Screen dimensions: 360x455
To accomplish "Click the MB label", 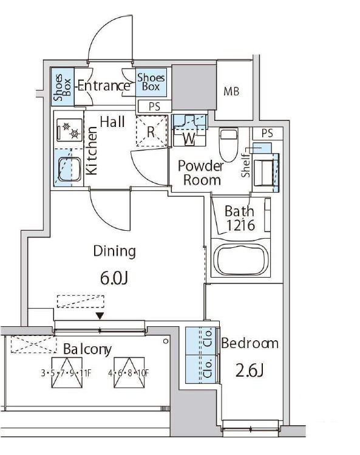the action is pos(231,92).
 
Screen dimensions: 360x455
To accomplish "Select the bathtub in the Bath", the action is pos(242,259).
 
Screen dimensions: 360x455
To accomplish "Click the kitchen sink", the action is pos(70,169).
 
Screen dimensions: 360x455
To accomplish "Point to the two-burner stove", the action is pos(70,130).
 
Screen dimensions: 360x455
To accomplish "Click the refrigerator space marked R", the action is pos(152,131).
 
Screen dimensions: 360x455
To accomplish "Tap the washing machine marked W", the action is pos(189,131).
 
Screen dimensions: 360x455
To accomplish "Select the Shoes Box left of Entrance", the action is pos(63,87).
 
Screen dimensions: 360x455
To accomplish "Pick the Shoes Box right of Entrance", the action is pos(151,82).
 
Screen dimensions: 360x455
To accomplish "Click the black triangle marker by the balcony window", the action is pos(100,316).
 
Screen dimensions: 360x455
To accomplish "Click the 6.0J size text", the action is pos(114,278).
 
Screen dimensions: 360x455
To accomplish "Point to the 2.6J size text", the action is pos(250,371).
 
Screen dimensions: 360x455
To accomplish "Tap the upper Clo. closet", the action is pos(201,341).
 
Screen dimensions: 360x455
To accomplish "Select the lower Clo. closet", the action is pos(201,369).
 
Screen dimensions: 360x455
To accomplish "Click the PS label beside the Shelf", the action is pos(267,133).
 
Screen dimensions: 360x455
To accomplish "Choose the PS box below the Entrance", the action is pos(154,106).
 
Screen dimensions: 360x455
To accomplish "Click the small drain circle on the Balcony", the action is pos(166,341).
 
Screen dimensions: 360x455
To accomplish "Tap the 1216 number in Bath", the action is pos(240,225).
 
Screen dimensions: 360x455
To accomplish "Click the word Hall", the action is pos(112,121).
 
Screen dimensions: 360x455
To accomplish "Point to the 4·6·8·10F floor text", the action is pos(128,372).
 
